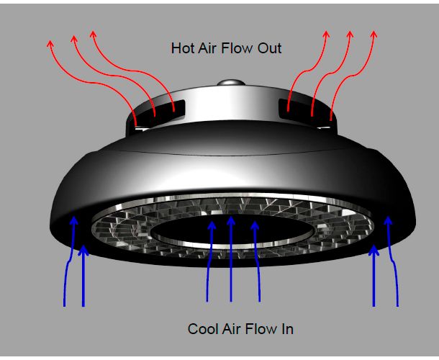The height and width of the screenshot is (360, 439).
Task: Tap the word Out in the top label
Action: (x=269, y=48)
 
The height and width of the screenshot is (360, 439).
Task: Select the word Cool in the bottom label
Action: (x=202, y=328)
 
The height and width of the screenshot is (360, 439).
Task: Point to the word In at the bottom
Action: (x=288, y=328)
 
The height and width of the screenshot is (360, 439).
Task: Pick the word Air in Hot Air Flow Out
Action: (x=207, y=48)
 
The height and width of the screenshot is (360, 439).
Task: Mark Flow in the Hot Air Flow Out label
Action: (x=237, y=48)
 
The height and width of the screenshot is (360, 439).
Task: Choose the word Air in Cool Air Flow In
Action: (x=231, y=328)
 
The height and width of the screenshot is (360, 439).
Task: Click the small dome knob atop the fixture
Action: (x=231, y=83)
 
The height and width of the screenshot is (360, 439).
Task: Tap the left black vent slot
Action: (x=158, y=112)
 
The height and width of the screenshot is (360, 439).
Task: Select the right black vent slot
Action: (x=306, y=112)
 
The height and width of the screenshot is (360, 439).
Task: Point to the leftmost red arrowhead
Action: (x=50, y=43)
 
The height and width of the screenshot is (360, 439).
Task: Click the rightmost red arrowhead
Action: (x=374, y=35)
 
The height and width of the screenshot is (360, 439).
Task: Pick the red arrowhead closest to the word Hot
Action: (x=94, y=34)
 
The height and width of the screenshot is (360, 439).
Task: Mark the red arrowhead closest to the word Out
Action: (x=326, y=35)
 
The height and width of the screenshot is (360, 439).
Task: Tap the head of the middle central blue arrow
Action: (x=231, y=220)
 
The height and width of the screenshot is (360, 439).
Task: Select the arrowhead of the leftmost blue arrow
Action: (x=73, y=220)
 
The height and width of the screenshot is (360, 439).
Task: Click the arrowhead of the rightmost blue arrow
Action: (x=388, y=220)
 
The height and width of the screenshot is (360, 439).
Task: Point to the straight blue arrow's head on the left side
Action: (x=83, y=250)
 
